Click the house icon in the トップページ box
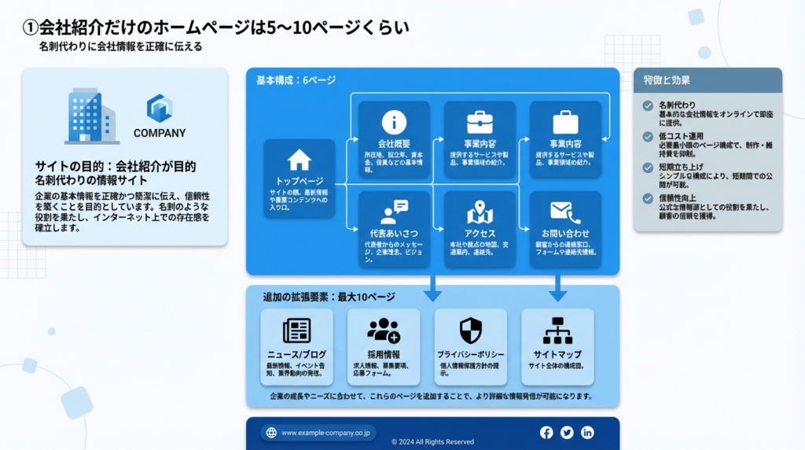click(300, 160)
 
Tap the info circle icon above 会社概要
click(394, 122)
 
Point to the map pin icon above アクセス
click(480, 212)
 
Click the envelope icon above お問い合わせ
click(565, 212)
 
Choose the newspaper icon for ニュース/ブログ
click(296, 330)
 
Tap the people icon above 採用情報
click(384, 330)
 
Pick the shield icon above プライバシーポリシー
click(470, 330)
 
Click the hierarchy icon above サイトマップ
click(557, 330)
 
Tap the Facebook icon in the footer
click(546, 432)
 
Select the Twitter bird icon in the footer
click(567, 432)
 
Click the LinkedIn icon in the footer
click(587, 432)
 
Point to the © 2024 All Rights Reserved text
click(432, 442)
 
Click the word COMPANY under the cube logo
click(160, 133)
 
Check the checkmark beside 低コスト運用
click(648, 136)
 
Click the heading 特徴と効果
click(667, 80)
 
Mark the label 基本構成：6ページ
click(296, 80)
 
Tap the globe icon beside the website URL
click(271, 433)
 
